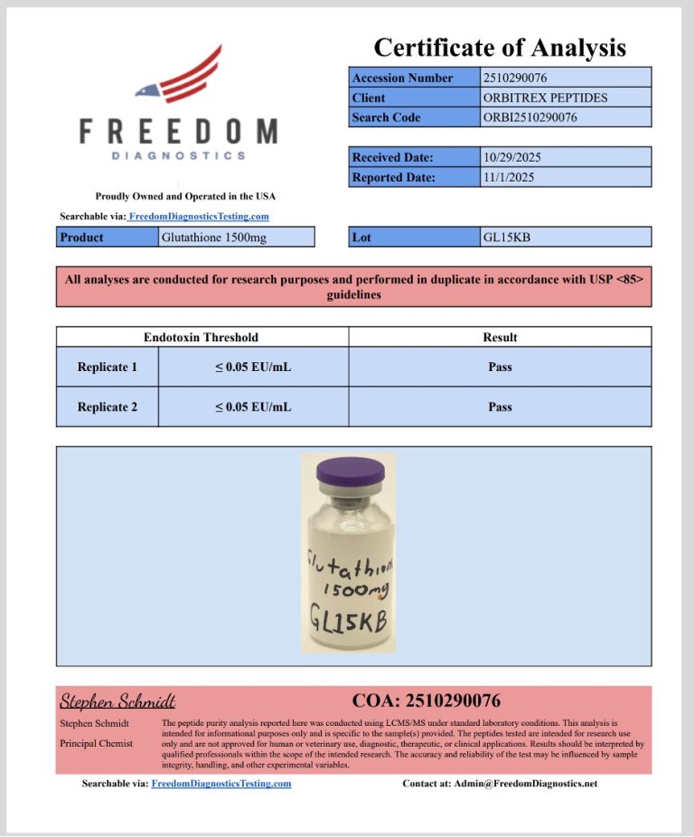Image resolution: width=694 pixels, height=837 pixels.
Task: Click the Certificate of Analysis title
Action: (499, 47)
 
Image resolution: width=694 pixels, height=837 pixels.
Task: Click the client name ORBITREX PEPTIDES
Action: (546, 98)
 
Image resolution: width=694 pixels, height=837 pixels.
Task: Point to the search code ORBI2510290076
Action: (530, 117)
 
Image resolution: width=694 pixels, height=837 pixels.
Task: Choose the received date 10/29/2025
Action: (512, 157)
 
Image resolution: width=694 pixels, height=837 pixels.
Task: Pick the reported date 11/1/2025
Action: (509, 177)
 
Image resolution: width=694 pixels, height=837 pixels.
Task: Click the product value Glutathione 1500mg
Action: (209, 237)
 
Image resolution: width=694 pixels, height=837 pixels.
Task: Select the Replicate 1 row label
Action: (108, 367)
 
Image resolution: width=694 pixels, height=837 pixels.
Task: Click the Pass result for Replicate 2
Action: (500, 407)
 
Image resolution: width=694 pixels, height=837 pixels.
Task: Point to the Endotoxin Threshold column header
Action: (201, 338)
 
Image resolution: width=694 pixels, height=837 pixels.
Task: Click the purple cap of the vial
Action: (349, 470)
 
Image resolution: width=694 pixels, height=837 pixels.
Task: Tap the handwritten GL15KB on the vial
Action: (348, 623)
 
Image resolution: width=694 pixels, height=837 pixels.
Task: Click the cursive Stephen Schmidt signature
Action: (117, 702)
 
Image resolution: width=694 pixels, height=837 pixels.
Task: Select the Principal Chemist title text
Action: (97, 743)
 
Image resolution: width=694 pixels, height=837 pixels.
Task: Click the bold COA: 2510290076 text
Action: (426, 701)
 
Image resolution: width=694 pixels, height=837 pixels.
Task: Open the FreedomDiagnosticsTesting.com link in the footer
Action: (221, 784)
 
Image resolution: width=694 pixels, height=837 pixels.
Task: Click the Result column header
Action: (500, 338)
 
